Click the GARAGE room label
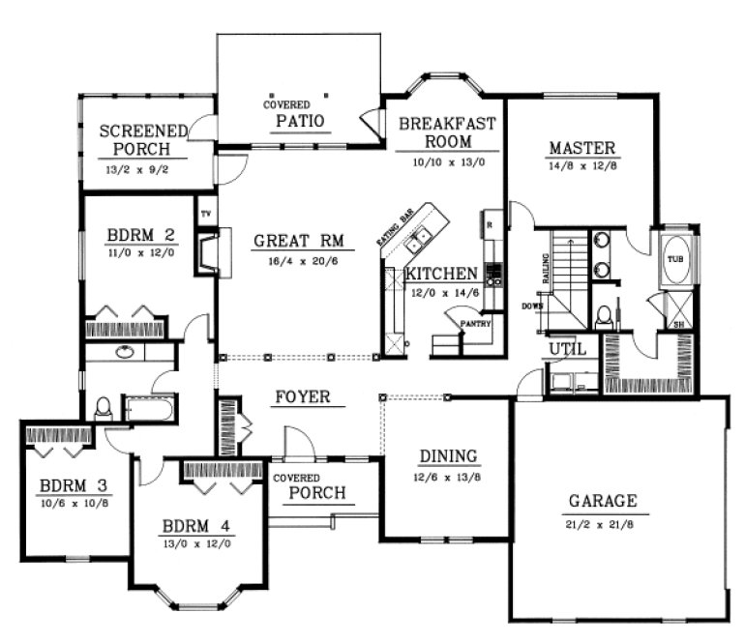[x=602, y=501]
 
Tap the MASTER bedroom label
[x=581, y=148]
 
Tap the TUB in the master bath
[x=673, y=260]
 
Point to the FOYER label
[x=303, y=396]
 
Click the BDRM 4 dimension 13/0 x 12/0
[x=197, y=543]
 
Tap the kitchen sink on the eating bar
[x=421, y=235]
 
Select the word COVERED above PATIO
[x=286, y=104]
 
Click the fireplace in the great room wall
[x=207, y=252]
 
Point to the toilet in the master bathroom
[x=603, y=315]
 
